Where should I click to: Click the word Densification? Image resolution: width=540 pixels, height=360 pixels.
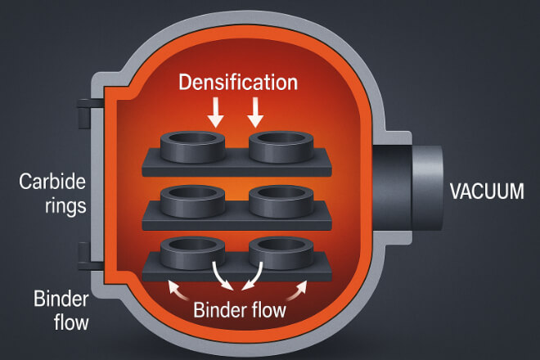(236, 82)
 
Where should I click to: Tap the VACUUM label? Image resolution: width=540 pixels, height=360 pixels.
(487, 192)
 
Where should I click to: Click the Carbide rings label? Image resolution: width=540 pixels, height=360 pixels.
(52, 192)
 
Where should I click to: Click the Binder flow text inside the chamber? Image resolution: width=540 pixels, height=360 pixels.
(241, 310)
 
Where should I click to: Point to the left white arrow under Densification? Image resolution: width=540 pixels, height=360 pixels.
(217, 111)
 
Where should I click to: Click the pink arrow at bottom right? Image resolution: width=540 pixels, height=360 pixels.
(300, 286)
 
